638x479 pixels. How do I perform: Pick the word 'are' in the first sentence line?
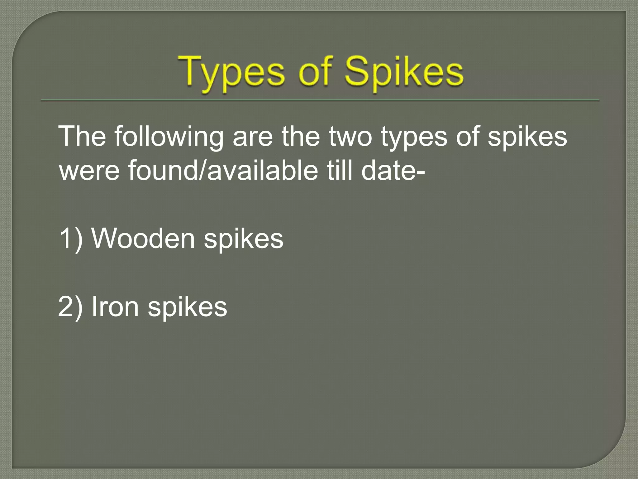click(252, 137)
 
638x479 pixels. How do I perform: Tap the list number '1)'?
click(71, 239)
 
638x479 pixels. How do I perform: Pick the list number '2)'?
click(71, 307)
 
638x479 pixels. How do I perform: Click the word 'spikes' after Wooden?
click(244, 239)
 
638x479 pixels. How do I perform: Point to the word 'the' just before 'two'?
click(301, 137)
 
